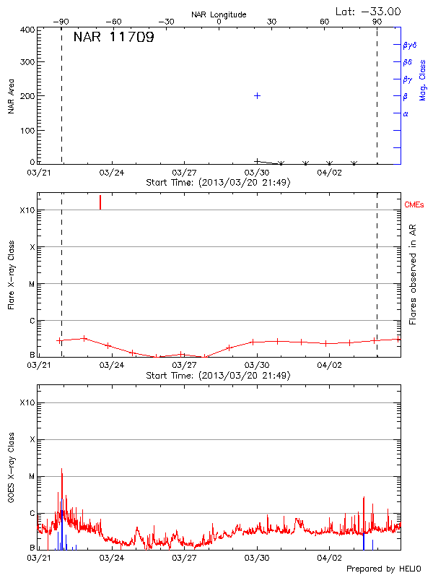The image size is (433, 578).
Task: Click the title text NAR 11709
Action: pos(113,38)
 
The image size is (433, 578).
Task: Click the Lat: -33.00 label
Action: pos(369,11)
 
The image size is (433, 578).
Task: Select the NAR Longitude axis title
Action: pos(219,14)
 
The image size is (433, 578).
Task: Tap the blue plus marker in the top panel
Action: pos(257,95)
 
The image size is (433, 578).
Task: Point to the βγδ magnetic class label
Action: pos(409,45)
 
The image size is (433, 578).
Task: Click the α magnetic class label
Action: pos(406,113)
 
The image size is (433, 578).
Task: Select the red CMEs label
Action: pos(414,205)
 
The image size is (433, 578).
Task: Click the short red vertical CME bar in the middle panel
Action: pos(100,202)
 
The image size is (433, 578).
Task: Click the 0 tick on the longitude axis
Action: pos(219,22)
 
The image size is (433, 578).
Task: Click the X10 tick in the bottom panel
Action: pos(27,402)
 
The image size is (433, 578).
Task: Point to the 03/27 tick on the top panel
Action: pos(185,173)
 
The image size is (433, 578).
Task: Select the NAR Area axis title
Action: pos(11,96)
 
